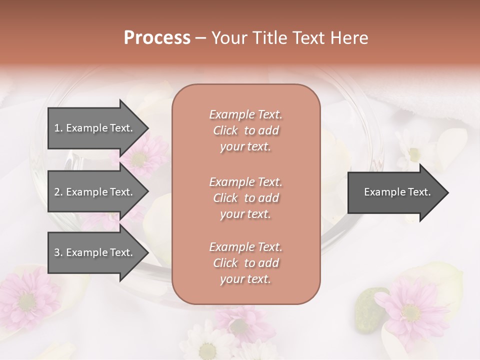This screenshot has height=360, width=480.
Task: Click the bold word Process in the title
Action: (x=157, y=38)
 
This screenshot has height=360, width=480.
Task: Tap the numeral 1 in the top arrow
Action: (x=57, y=128)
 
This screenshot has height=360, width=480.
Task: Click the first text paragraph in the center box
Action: (x=245, y=130)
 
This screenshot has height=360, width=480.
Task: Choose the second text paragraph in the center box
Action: (x=245, y=198)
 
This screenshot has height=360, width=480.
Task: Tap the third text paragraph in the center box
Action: (x=245, y=263)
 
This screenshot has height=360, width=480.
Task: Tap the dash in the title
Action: (x=200, y=38)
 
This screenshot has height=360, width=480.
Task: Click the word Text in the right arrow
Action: (x=419, y=192)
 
